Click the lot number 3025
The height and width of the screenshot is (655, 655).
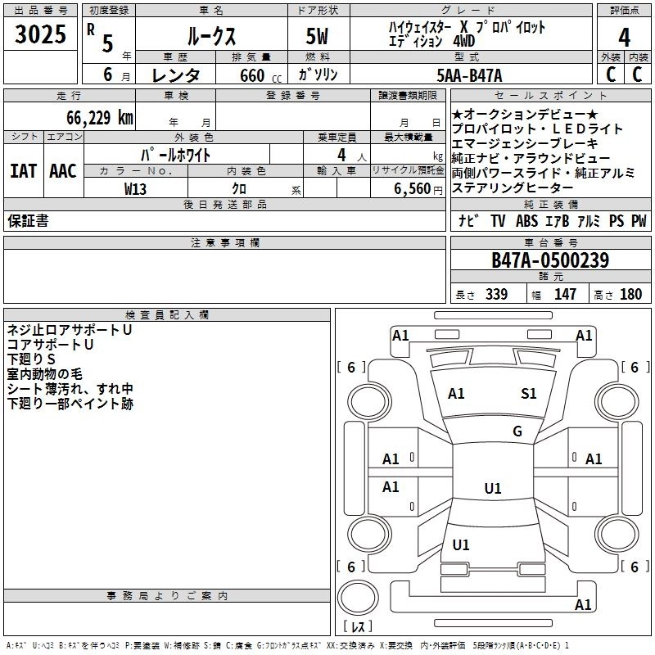40,36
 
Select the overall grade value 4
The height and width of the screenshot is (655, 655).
624,38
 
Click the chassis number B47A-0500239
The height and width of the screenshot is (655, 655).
549,261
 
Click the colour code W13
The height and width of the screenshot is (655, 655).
136,189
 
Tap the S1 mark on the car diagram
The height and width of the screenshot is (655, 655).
529,394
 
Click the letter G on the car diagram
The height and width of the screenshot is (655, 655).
517,431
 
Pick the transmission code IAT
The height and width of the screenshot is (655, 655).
23,171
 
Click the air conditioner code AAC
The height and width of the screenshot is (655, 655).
62,171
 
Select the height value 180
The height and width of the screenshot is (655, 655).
630,295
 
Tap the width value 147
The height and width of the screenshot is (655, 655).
565,295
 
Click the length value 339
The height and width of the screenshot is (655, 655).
495,295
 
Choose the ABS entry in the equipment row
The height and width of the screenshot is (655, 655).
527,220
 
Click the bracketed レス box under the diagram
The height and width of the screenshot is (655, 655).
357,628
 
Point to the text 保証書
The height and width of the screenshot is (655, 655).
28,220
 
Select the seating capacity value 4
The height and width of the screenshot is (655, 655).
340,155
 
